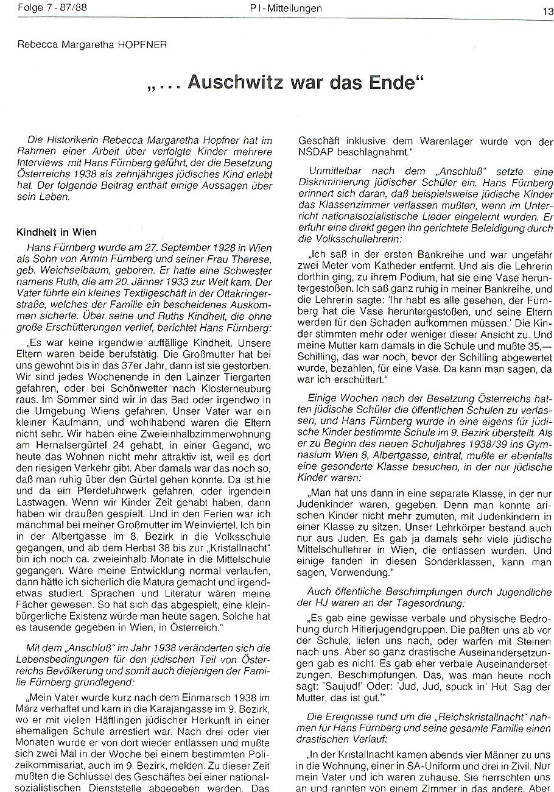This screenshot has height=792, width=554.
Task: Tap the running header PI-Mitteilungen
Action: tap(286, 9)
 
